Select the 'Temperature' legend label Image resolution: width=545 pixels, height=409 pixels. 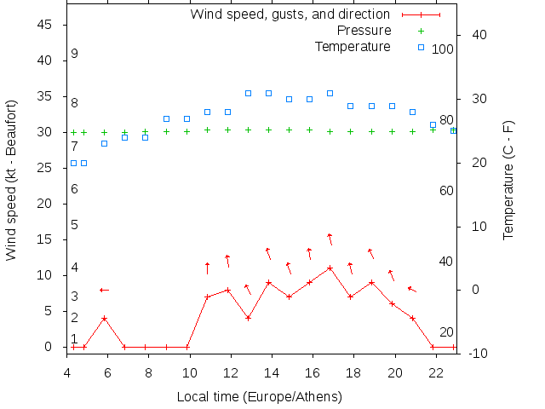tap(353, 46)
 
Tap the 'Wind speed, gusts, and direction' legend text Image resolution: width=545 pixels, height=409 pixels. tap(290, 14)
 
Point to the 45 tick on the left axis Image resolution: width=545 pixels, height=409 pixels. tap(47, 25)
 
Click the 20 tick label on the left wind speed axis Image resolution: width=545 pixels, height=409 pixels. tap(47, 204)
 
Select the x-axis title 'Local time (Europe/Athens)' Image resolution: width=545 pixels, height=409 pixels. tap(259, 397)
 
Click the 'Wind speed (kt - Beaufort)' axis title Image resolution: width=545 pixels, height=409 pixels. tap(11, 186)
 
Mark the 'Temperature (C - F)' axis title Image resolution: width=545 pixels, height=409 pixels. tap(508, 179)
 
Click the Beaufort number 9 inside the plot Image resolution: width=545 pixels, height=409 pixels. tap(75, 54)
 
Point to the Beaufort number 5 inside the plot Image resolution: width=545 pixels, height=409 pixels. tap(75, 225)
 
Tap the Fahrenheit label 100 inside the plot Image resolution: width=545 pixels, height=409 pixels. tap(443, 49)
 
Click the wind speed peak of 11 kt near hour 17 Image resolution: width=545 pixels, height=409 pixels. tap(330, 268)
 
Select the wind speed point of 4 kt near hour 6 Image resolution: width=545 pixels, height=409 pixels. tap(104, 319)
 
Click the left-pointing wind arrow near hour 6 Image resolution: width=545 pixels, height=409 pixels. tap(104, 290)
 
